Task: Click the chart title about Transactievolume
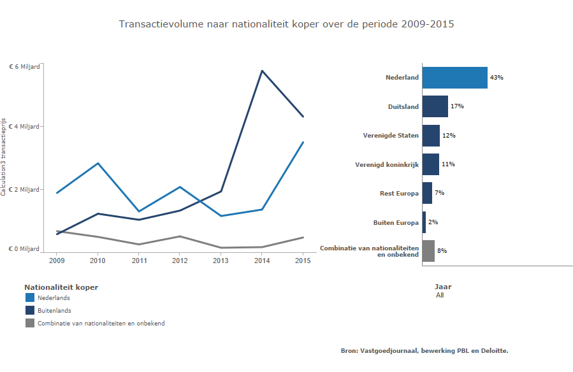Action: tap(286, 24)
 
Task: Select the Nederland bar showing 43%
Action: tap(454, 78)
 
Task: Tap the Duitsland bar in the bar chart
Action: tap(435, 106)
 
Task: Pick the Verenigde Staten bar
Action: tap(431, 136)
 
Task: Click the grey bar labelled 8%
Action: tap(428, 251)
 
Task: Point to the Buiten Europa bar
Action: tap(424, 222)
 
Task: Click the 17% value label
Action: tap(457, 106)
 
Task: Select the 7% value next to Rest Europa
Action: tap(439, 193)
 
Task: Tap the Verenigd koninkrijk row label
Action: tap(387, 164)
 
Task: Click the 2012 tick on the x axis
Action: tap(180, 260)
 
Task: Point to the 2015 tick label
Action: tap(303, 260)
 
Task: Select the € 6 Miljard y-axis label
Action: tap(24, 66)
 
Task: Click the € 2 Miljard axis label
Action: tap(24, 190)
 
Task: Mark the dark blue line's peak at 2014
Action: tap(261, 71)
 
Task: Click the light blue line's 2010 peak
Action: tap(98, 163)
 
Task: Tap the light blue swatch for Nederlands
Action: tap(29, 297)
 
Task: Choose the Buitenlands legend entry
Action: tap(54, 310)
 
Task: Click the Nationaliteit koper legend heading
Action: tap(61, 287)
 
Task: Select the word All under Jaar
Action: tap(440, 295)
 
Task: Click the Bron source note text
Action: tap(424, 350)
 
